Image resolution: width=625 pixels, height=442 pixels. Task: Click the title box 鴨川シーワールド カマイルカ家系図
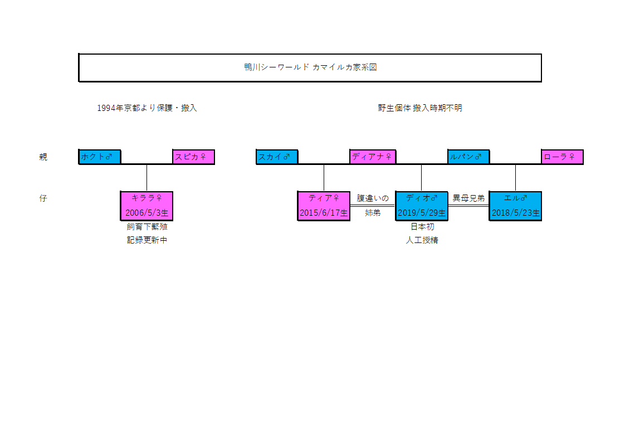click(x=310, y=67)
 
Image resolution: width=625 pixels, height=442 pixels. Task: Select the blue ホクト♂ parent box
click(x=100, y=157)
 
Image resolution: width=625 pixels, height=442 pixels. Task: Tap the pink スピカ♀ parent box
click(x=193, y=157)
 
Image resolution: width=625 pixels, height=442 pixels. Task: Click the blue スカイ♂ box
click(x=277, y=157)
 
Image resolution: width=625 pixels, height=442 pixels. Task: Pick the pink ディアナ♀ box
click(x=373, y=157)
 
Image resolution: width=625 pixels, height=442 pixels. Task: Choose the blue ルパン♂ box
click(x=468, y=157)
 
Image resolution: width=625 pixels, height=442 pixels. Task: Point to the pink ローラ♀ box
click(x=562, y=157)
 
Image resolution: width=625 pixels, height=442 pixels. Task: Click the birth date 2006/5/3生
click(x=147, y=213)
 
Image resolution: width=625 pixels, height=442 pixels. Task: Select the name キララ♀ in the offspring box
click(x=147, y=198)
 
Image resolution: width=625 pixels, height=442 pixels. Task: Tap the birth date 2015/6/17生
click(x=324, y=213)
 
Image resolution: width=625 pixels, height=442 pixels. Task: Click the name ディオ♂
click(x=422, y=198)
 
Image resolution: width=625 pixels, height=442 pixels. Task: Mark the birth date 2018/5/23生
click(x=515, y=213)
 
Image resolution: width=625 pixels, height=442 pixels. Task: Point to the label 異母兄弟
click(x=468, y=198)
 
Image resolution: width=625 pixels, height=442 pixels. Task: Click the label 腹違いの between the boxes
click(x=373, y=198)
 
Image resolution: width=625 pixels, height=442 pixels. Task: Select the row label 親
click(x=43, y=157)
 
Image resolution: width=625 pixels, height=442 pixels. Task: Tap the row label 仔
click(x=43, y=198)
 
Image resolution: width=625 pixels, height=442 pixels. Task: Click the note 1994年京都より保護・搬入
click(x=147, y=108)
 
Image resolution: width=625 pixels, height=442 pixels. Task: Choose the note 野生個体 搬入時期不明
click(x=419, y=108)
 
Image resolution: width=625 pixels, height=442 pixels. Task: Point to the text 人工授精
click(x=422, y=241)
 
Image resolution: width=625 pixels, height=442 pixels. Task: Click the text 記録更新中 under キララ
click(x=147, y=241)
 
